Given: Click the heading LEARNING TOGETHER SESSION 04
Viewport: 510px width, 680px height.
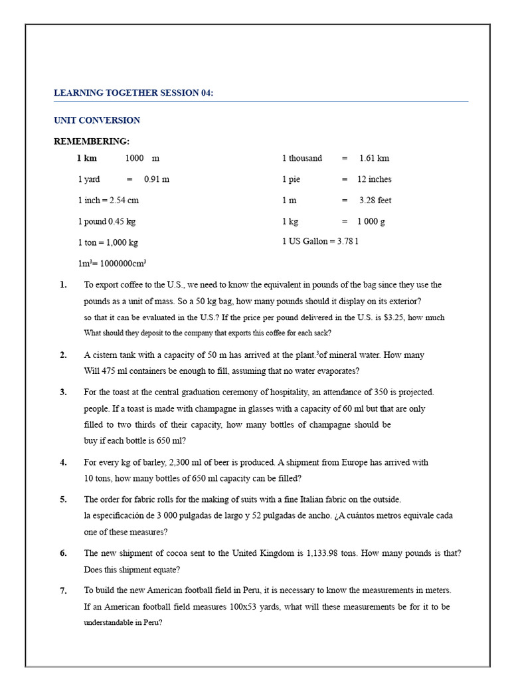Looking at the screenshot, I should [x=133, y=93].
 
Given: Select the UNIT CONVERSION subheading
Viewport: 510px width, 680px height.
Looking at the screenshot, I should [x=97, y=120].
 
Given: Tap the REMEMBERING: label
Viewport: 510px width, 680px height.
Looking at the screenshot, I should [x=92, y=141].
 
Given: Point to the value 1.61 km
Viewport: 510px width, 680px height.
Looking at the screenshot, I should [x=374, y=158].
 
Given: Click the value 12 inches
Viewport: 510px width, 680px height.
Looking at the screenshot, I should [x=374, y=179].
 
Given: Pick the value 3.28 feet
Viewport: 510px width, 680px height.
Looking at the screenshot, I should [x=375, y=201].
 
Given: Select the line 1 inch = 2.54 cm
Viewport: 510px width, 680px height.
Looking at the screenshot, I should [x=108, y=201].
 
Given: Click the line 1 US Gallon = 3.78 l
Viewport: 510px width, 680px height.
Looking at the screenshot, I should [x=320, y=242].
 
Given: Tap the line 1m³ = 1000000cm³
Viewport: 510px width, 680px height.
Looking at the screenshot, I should [x=112, y=263].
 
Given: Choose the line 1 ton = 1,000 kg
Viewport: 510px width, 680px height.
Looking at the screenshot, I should [x=108, y=242].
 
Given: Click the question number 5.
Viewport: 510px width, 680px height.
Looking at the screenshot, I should [x=63, y=499].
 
